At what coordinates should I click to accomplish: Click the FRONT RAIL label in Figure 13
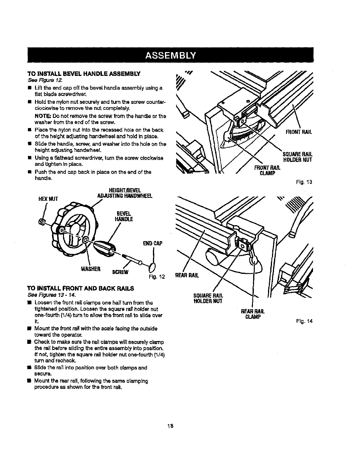tap(299, 132)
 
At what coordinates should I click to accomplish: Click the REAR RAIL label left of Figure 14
tap(187, 275)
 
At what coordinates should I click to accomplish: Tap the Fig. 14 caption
tap(306, 321)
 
